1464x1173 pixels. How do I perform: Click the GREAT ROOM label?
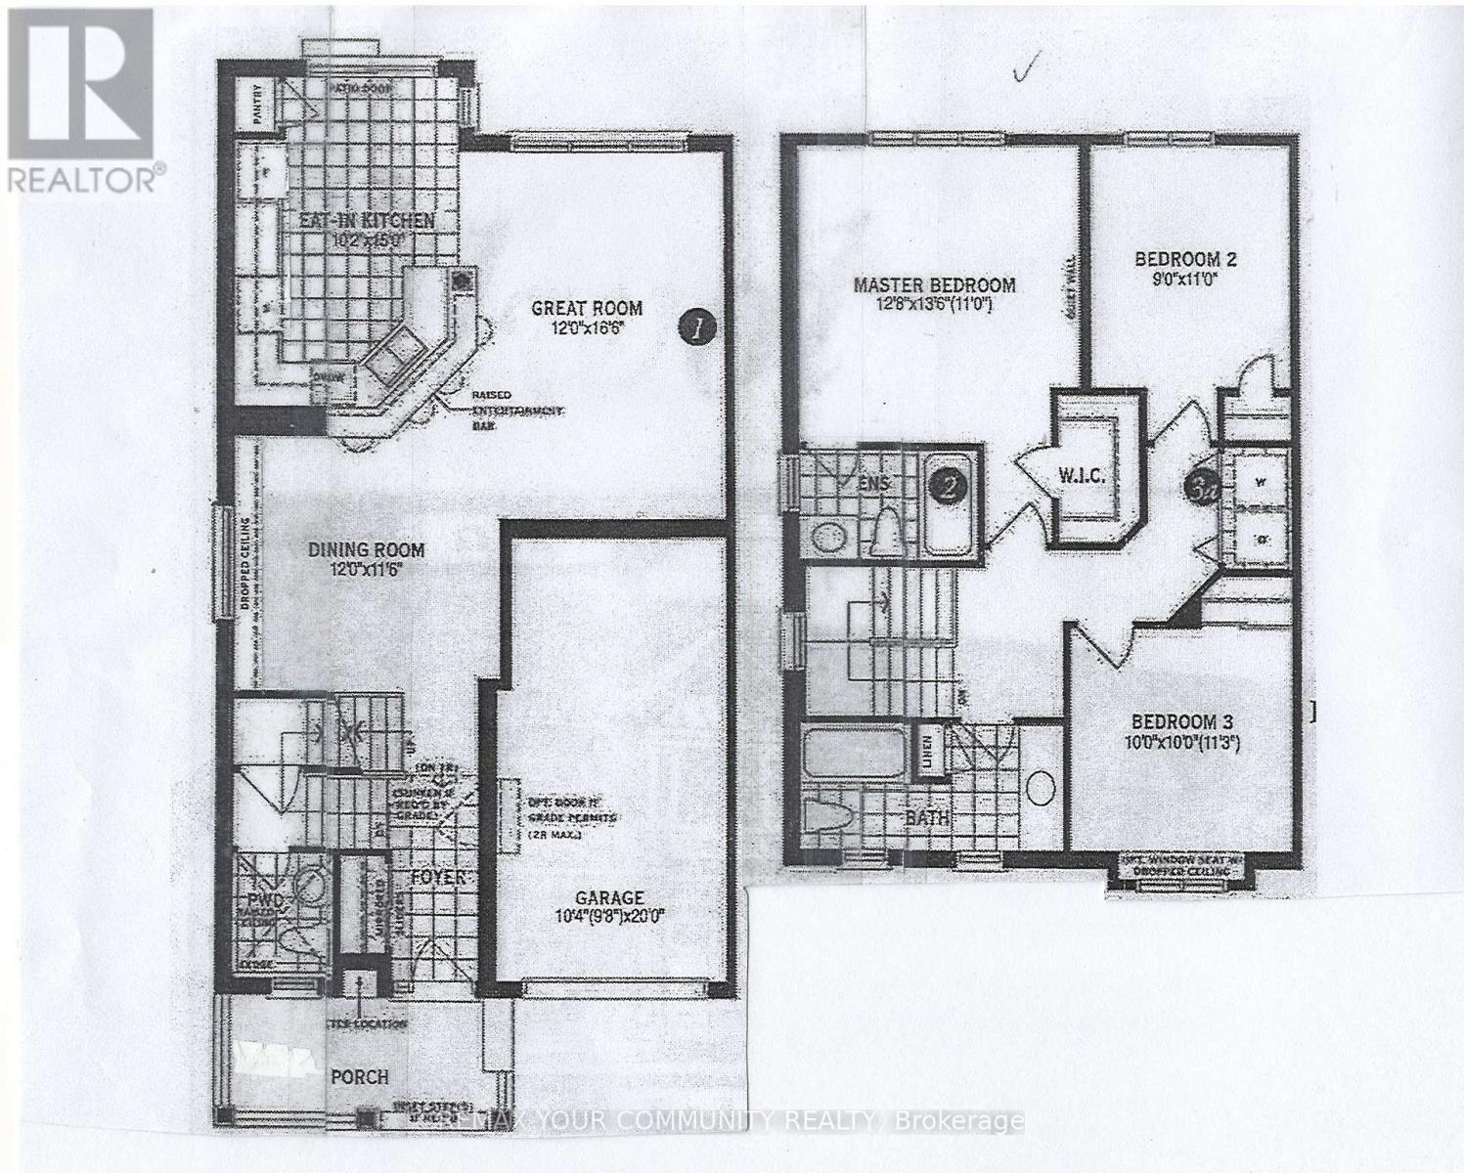point(586,308)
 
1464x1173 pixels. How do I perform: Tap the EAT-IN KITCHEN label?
point(367,221)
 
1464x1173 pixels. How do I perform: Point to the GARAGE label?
point(608,896)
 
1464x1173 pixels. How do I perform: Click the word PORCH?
point(358,1076)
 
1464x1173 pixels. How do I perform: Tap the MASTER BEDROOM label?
point(934,284)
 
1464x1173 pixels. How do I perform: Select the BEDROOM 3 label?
point(1181,721)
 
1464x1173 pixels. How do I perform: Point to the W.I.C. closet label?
point(1081,476)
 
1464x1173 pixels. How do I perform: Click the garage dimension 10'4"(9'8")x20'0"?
point(608,916)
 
